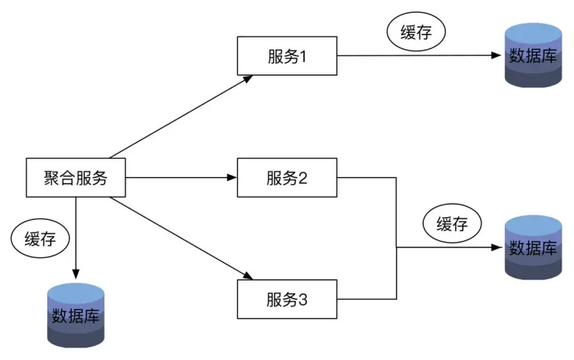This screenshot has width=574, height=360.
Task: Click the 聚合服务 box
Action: (77, 178)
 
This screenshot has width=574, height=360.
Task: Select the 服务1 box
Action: (287, 56)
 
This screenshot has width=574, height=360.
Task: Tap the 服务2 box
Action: (287, 178)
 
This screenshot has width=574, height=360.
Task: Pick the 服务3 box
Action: (287, 299)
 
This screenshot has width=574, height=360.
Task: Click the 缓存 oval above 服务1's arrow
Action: (415, 32)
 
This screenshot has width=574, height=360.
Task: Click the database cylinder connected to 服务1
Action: (533, 56)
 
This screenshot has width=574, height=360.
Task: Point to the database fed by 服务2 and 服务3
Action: (533, 247)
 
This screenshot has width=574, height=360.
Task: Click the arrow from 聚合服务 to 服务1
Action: (181, 116)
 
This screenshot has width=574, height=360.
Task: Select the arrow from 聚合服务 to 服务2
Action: (181, 178)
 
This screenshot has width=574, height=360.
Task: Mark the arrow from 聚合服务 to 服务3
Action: (181, 237)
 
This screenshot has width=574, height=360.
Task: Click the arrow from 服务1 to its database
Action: (417, 56)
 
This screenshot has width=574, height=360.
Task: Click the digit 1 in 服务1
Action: (303, 56)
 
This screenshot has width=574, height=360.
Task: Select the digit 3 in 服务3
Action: (303, 299)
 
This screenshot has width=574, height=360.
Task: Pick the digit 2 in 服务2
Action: (303, 178)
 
